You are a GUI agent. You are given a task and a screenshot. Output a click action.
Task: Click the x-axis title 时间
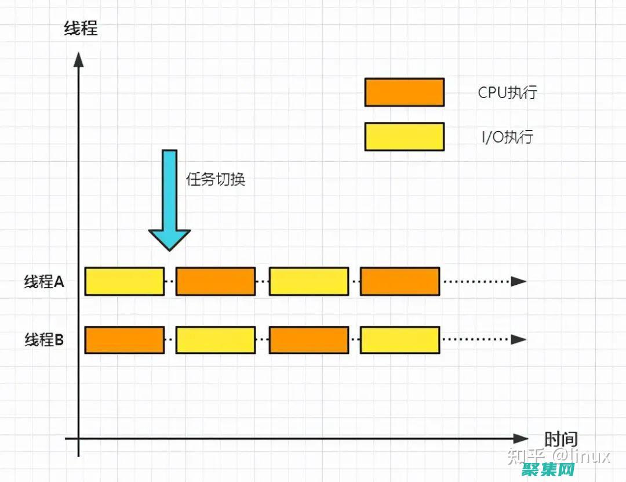coord(561,439)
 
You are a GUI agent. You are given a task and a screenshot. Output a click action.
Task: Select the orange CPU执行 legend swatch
coord(404,92)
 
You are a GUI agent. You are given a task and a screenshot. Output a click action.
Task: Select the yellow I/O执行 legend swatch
coord(404,136)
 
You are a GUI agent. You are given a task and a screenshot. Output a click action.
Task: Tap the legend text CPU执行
coord(507,92)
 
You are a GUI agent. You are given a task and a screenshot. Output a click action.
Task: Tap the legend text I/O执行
coord(507,137)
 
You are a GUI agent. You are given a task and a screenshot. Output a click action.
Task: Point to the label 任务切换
coord(216,179)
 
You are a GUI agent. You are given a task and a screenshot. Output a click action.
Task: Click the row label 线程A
coord(44,282)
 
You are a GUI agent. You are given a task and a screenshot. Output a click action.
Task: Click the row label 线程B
coord(44,340)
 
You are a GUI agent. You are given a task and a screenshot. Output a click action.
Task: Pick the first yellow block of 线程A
coord(125,281)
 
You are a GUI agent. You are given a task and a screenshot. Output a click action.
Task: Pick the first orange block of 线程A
coord(216,281)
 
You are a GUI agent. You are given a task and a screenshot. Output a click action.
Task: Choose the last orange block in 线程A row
coord(399,281)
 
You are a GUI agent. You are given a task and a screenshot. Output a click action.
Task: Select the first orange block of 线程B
coord(125,340)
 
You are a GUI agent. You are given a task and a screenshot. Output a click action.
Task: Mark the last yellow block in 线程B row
coord(399,340)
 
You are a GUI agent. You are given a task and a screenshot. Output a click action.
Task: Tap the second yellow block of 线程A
coord(309,281)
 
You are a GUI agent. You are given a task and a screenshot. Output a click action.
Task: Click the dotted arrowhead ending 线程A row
coord(519,281)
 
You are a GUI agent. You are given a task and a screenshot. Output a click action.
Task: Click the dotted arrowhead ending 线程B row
coord(519,340)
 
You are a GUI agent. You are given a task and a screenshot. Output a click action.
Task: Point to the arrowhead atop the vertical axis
coord(79,59)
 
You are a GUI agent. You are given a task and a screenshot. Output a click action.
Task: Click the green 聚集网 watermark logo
coord(548,470)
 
